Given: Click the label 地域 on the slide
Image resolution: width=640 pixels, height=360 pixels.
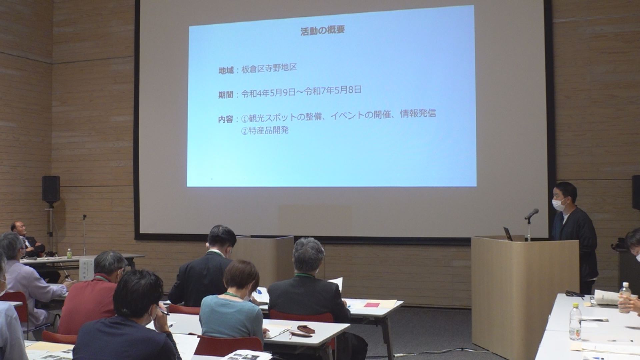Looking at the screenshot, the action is [226, 71].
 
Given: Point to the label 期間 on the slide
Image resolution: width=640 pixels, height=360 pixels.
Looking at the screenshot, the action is [226, 95].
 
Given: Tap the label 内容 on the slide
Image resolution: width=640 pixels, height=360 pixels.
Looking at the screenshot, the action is [226, 119].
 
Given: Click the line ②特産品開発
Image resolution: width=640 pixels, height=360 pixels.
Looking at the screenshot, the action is [265, 130].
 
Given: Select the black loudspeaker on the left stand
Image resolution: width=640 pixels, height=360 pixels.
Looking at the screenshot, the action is [51, 189].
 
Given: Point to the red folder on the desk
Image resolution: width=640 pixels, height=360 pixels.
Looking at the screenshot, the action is [372, 305].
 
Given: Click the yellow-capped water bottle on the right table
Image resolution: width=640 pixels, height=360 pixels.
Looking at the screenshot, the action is [575, 322].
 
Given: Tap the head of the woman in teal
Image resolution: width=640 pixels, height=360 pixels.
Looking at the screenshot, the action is [241, 278].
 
